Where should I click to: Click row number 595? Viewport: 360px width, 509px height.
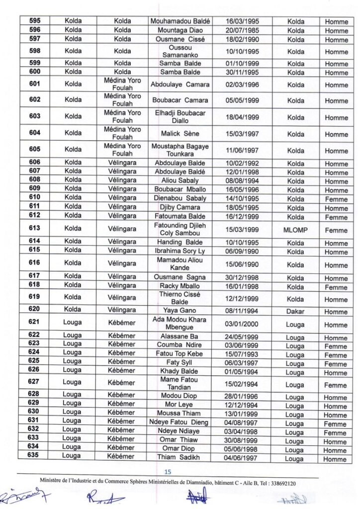tap(35, 21)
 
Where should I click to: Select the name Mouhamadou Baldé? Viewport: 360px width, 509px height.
tap(180, 21)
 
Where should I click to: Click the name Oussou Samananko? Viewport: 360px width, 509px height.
tap(180, 51)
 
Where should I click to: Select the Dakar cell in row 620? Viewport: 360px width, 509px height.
tap(295, 311)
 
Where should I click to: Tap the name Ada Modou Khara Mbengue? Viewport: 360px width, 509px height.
tap(180, 324)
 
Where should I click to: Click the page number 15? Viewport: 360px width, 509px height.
tap(168, 472)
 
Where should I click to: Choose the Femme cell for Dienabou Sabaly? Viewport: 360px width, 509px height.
tap(336, 199)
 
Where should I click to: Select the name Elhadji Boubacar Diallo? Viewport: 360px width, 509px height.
tap(180, 117)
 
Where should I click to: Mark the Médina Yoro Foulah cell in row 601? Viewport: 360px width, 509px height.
tap(122, 84)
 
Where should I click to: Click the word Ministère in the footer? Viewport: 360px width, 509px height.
tap(56, 483)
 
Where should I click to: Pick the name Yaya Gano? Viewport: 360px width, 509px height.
tap(180, 311)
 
